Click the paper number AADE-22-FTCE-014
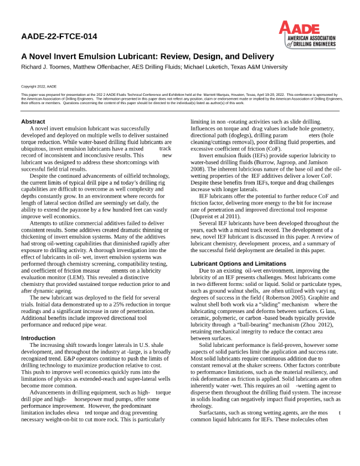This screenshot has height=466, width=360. tap(59, 37)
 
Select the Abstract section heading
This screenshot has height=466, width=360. tap(33, 121)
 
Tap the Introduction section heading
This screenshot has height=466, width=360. tap(38, 337)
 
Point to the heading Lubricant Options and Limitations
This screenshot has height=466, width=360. tap(238, 263)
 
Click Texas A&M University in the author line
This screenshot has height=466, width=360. tap(260, 66)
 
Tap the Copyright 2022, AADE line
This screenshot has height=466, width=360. tap(39, 87)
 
